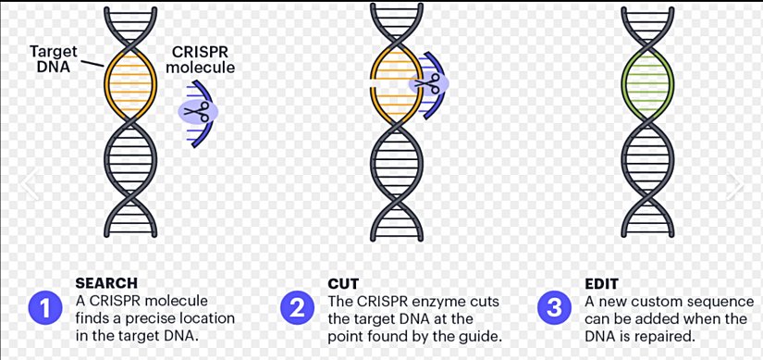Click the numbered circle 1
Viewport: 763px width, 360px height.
tap(43, 307)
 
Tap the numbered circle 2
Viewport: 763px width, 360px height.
tap(296, 307)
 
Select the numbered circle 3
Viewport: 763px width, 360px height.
tap(554, 307)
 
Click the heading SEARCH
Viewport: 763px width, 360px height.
tap(105, 283)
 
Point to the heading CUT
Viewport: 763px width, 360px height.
tap(343, 283)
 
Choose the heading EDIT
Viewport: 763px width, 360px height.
tap(600, 283)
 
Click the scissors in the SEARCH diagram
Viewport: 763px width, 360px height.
tap(195, 111)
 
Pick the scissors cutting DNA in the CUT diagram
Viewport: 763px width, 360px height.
tap(426, 85)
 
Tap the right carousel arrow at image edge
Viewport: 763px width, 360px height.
tap(735, 184)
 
